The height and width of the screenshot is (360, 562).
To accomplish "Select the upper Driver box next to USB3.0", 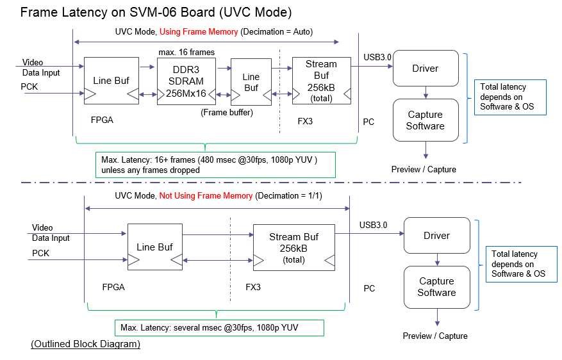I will tap(425, 69).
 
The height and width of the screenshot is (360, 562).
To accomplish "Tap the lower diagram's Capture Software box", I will tap(436, 287).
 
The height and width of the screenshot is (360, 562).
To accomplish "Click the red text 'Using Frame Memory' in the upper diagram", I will tap(199, 32).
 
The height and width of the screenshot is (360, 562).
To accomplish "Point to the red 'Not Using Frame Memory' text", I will tap(206, 195).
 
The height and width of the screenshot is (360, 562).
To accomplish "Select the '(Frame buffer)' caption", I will tap(227, 113).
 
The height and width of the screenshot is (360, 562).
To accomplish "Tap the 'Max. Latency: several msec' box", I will tap(219, 328).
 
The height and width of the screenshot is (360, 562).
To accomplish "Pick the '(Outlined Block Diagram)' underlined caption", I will tap(85, 345).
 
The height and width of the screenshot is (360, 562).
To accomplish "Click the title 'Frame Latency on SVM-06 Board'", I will tap(147, 12).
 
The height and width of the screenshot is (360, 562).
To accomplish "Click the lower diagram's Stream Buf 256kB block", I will tap(294, 247).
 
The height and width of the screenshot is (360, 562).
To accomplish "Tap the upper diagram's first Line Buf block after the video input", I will tap(112, 81).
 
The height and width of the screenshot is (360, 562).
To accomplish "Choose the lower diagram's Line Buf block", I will tap(155, 247).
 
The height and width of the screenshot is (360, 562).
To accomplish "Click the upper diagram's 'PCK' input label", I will tap(29, 86).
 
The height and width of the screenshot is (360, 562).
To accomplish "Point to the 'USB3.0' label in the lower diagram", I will tap(373, 225).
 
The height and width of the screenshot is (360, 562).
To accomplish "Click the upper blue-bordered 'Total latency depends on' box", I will tap(509, 97).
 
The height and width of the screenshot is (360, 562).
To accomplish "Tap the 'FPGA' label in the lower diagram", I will tap(113, 287).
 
